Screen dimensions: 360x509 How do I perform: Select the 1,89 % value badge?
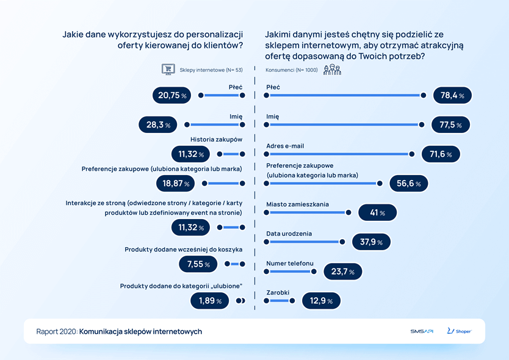(210, 300)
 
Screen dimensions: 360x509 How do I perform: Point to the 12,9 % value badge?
(321, 301)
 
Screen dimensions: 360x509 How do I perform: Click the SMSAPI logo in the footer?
(422, 331)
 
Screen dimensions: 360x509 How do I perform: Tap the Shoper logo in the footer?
(459, 331)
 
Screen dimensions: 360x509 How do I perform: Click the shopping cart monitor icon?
(167, 69)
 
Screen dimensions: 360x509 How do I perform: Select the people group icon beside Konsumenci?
(332, 70)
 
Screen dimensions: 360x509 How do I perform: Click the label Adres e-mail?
(285, 146)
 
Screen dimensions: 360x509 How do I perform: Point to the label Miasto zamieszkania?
(298, 204)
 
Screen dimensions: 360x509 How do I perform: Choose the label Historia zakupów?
(217, 139)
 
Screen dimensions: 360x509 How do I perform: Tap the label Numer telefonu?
(290, 263)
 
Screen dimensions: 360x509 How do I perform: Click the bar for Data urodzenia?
(304, 242)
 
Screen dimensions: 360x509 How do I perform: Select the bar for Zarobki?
(280, 301)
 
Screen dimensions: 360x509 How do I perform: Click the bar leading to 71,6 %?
(339, 154)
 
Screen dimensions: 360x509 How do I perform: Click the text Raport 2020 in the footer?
(56, 331)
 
